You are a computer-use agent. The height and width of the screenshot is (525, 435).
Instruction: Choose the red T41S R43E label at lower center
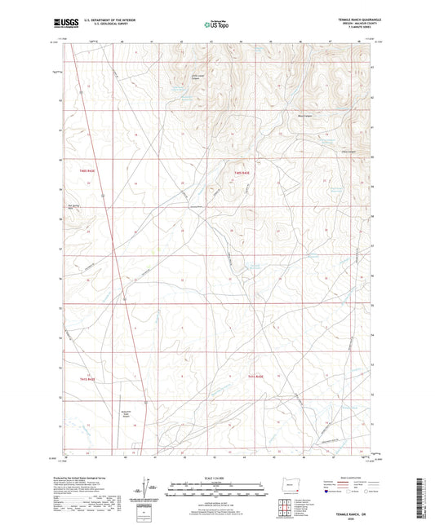(258, 377)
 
